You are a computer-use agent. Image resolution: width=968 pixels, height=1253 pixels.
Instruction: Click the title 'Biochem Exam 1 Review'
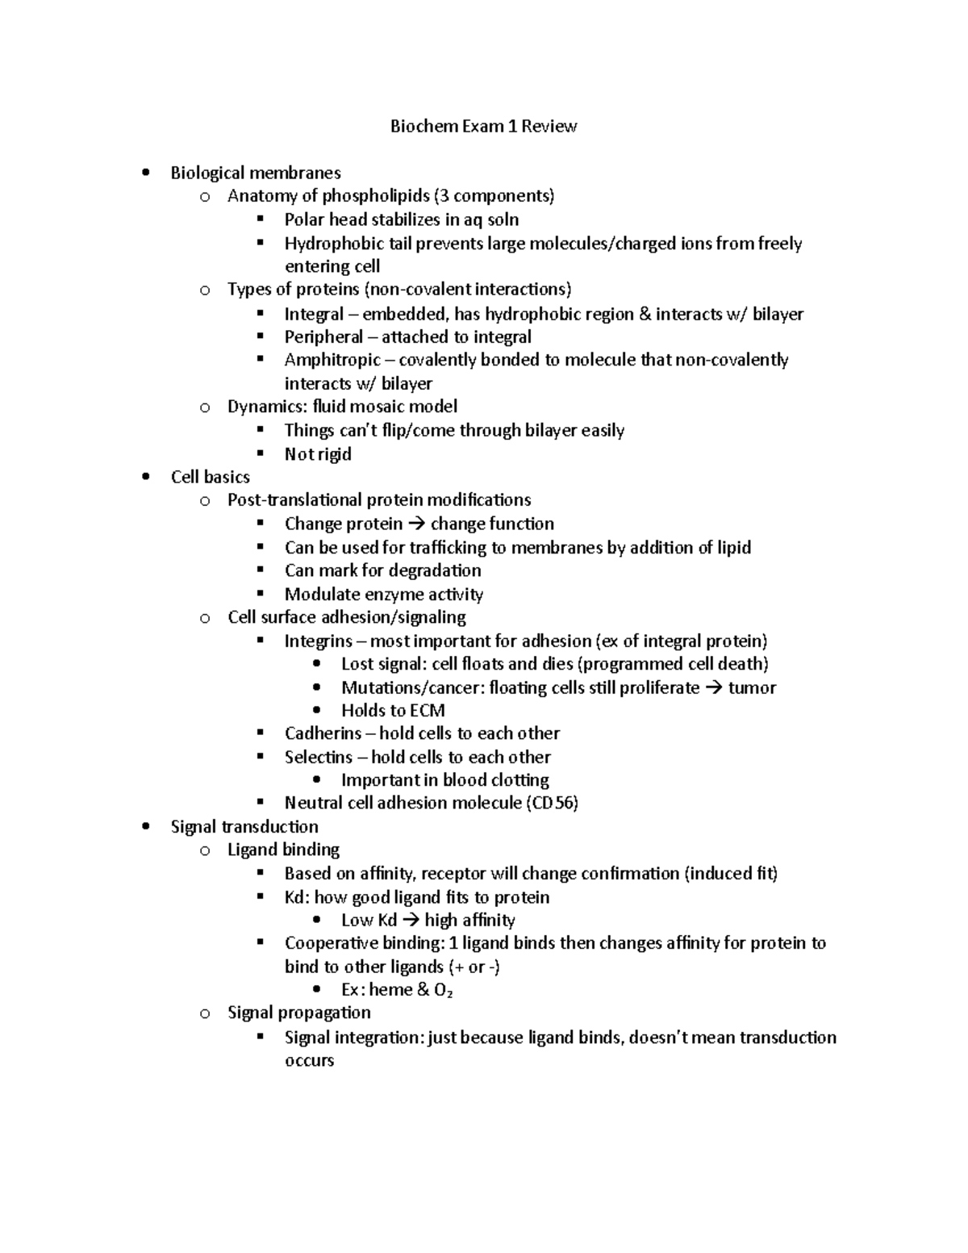pyautogui.click(x=483, y=126)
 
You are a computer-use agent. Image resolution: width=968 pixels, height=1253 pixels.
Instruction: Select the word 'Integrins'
pyautogui.click(x=319, y=641)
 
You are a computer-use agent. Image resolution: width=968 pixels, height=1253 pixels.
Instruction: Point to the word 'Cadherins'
pyautogui.click(x=323, y=733)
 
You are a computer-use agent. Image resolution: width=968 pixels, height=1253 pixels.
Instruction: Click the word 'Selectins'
pyautogui.click(x=319, y=757)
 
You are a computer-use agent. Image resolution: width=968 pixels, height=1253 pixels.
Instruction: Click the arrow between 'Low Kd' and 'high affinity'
pyautogui.click(x=411, y=921)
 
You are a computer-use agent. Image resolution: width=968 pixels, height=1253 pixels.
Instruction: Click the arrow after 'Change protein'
pyautogui.click(x=416, y=524)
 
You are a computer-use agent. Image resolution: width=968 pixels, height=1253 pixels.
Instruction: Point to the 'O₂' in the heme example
pyautogui.click(x=443, y=990)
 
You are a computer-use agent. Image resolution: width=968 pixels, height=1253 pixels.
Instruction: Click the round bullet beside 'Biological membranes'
pyautogui.click(x=145, y=173)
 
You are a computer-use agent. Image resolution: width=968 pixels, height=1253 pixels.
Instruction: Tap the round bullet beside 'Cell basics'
pyautogui.click(x=145, y=477)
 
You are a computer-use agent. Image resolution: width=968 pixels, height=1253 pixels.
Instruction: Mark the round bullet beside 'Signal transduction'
pyautogui.click(x=145, y=826)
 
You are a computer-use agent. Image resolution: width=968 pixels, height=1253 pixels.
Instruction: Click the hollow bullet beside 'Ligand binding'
pyautogui.click(x=205, y=850)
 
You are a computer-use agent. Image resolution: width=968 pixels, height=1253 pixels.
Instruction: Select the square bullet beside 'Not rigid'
pyautogui.click(x=260, y=453)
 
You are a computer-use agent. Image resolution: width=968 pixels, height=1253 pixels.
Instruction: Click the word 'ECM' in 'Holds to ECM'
pyautogui.click(x=427, y=711)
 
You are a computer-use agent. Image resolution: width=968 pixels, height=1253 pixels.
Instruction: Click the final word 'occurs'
pyautogui.click(x=309, y=1060)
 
